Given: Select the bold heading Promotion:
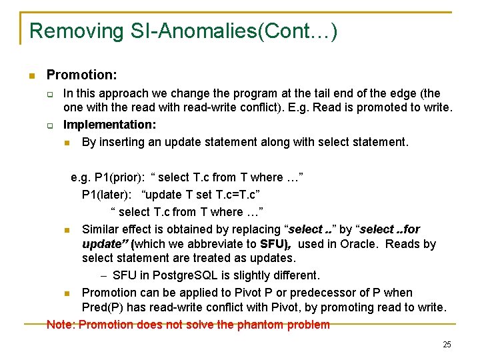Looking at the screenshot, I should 81,76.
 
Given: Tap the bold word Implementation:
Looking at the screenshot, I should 109,124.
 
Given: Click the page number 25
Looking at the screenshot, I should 446,344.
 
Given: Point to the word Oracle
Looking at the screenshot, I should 358,244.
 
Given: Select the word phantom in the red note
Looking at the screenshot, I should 249,325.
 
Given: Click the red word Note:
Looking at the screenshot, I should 61,325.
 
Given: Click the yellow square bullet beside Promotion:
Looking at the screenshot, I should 31,76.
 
